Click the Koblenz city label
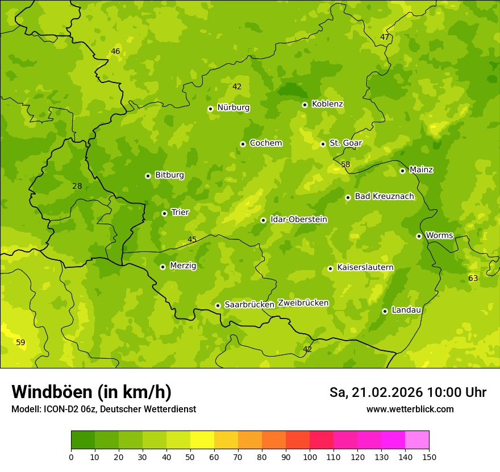tap(327, 104)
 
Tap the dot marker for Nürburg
tap(210, 109)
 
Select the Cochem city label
tap(265, 143)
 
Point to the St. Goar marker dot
tap(323, 144)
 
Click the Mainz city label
tap(421, 170)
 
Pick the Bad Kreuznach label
tap(384, 197)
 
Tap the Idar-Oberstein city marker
tap(263, 220)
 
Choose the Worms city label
tap(439, 235)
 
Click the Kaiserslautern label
tap(365, 268)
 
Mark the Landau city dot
tap(385, 311)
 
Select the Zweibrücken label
tap(303, 303)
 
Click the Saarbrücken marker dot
tap(218, 305)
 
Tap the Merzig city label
tap(183, 266)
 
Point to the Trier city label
tap(180, 213)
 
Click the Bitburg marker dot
tap(148, 176)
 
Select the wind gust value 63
tap(473, 278)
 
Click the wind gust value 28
tap(77, 186)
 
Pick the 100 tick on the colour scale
tap(310, 457)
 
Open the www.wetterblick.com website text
tap(410, 409)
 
